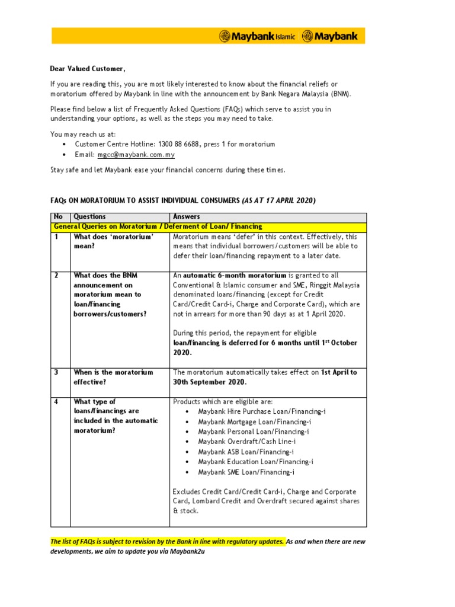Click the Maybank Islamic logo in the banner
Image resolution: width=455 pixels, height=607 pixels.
point(257,36)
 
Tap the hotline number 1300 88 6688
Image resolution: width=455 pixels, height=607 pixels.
point(176,144)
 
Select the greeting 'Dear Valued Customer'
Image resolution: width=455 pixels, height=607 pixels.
point(87,68)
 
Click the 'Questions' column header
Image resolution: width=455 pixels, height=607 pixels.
point(89,217)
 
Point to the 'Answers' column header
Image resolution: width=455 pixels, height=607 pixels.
point(187,217)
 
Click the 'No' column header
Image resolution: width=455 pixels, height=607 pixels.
point(58,217)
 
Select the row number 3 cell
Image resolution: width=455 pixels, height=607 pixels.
point(57,372)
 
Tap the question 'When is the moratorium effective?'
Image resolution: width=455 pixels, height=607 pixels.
point(113,377)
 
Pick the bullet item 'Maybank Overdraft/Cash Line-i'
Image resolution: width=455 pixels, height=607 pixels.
point(247,442)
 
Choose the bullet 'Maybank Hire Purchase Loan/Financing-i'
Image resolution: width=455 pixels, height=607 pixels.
point(261,411)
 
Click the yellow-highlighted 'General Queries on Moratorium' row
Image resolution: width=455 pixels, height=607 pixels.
point(158,226)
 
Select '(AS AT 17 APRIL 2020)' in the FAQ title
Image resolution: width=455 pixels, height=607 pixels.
point(278,200)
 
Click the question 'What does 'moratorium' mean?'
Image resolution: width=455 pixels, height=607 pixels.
point(113,241)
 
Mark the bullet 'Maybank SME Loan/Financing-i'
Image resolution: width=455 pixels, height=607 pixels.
point(246,472)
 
